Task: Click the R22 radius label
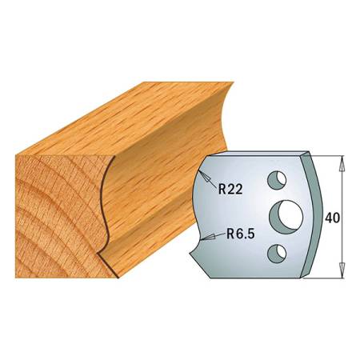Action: click(230, 189)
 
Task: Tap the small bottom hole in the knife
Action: click(277, 254)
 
